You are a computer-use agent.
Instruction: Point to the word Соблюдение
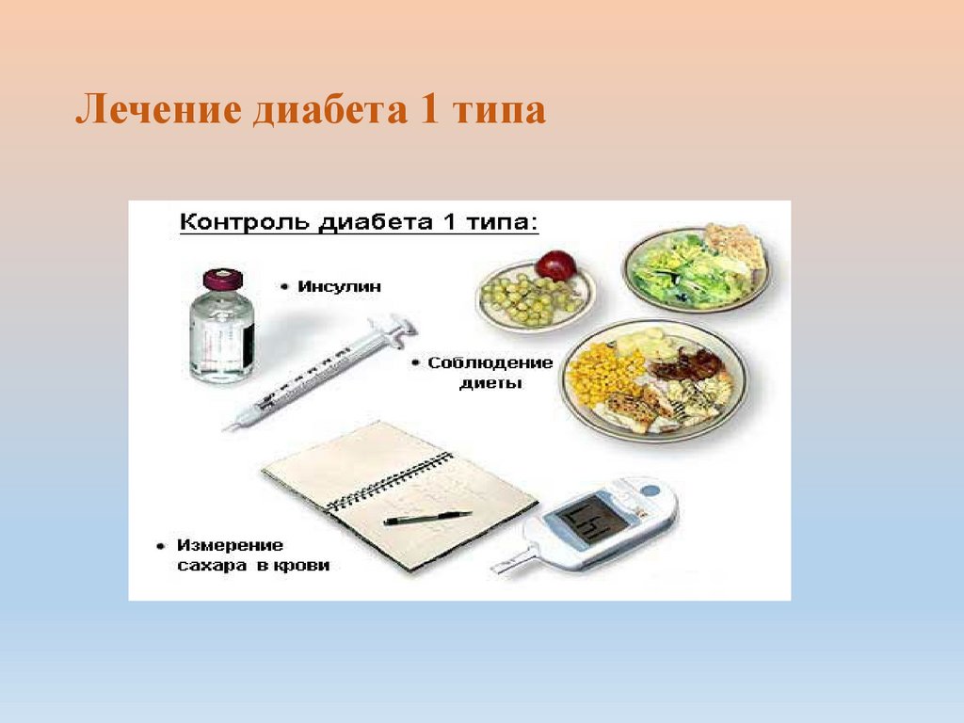476,363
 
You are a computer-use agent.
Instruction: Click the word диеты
490,383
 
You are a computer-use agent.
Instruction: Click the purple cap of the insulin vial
222,280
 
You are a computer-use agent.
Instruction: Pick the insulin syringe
320,373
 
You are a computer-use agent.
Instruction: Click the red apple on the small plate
555,265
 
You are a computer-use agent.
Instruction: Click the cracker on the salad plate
734,244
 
